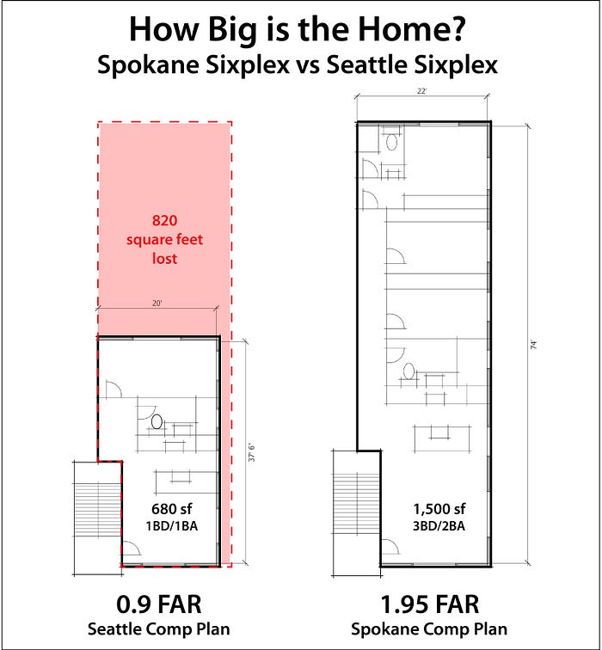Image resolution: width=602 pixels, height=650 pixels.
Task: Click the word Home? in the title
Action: pyautogui.click(x=411, y=29)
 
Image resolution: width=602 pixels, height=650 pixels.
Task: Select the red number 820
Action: pyautogui.click(x=164, y=220)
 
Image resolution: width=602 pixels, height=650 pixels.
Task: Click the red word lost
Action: pyautogui.click(x=164, y=258)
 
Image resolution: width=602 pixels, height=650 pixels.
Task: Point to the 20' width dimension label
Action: pyautogui.click(x=157, y=303)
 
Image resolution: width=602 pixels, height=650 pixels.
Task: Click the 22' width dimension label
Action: pyautogui.click(x=421, y=91)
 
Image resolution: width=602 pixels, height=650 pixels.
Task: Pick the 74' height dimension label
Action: pyautogui.click(x=533, y=345)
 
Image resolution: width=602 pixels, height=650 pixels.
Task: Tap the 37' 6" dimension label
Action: pyautogui.click(x=252, y=452)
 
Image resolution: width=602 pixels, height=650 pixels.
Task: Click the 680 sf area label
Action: pyautogui.click(x=171, y=509)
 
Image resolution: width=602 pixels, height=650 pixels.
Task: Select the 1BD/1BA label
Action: pyautogui.click(x=171, y=525)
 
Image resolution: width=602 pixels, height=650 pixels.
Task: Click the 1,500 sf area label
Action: pyautogui.click(x=439, y=509)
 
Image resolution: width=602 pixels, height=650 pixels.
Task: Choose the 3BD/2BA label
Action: pyautogui.click(x=439, y=525)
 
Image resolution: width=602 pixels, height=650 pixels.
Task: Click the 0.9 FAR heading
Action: pyautogui.click(x=159, y=604)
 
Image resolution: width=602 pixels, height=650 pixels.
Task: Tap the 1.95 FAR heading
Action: pyautogui.click(x=429, y=604)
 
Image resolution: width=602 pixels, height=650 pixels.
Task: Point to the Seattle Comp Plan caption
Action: pyautogui.click(x=159, y=629)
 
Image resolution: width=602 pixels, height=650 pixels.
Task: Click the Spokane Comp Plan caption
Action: pyautogui.click(x=429, y=629)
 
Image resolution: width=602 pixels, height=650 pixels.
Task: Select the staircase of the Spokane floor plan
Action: pyautogui.click(x=357, y=512)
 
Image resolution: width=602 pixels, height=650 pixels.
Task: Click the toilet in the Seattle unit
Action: pyautogui.click(x=157, y=421)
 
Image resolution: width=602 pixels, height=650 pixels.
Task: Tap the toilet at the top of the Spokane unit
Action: pyautogui.click(x=392, y=142)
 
